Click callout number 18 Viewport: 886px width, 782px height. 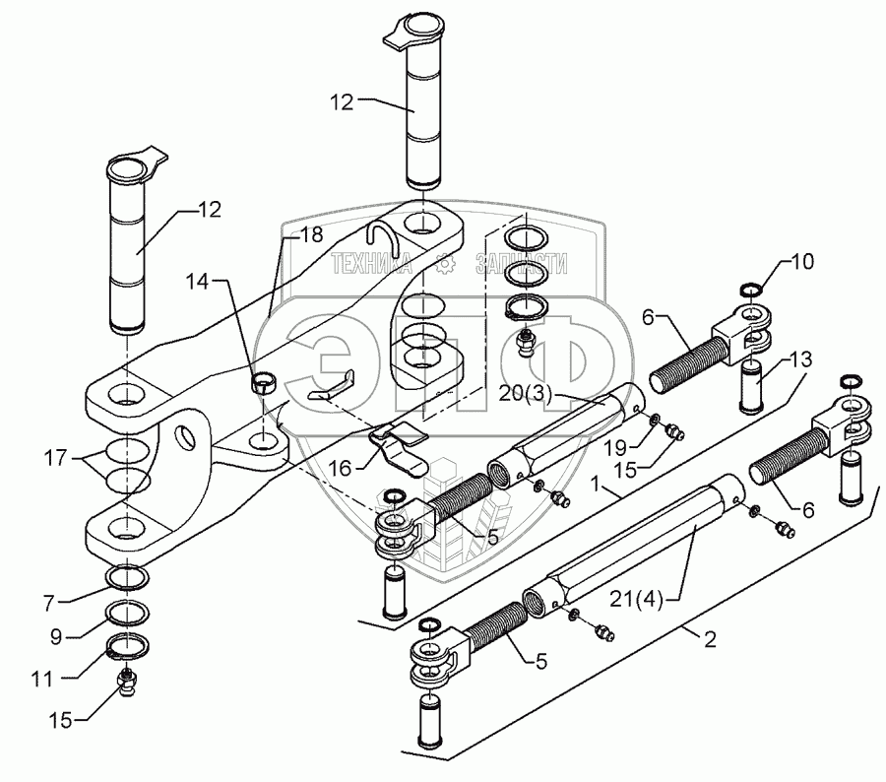click(311, 234)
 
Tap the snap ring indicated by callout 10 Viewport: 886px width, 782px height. click(749, 290)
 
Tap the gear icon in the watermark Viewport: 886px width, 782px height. click(445, 264)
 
